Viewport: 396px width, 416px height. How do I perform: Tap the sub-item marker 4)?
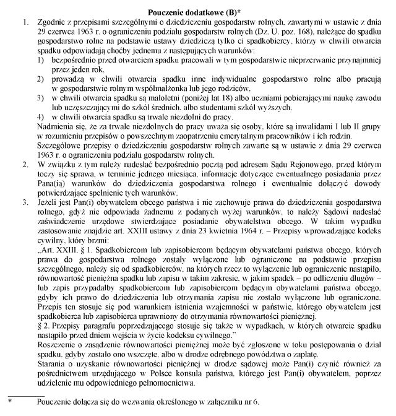(x=40, y=117)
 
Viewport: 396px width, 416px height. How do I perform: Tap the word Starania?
(x=52, y=368)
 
